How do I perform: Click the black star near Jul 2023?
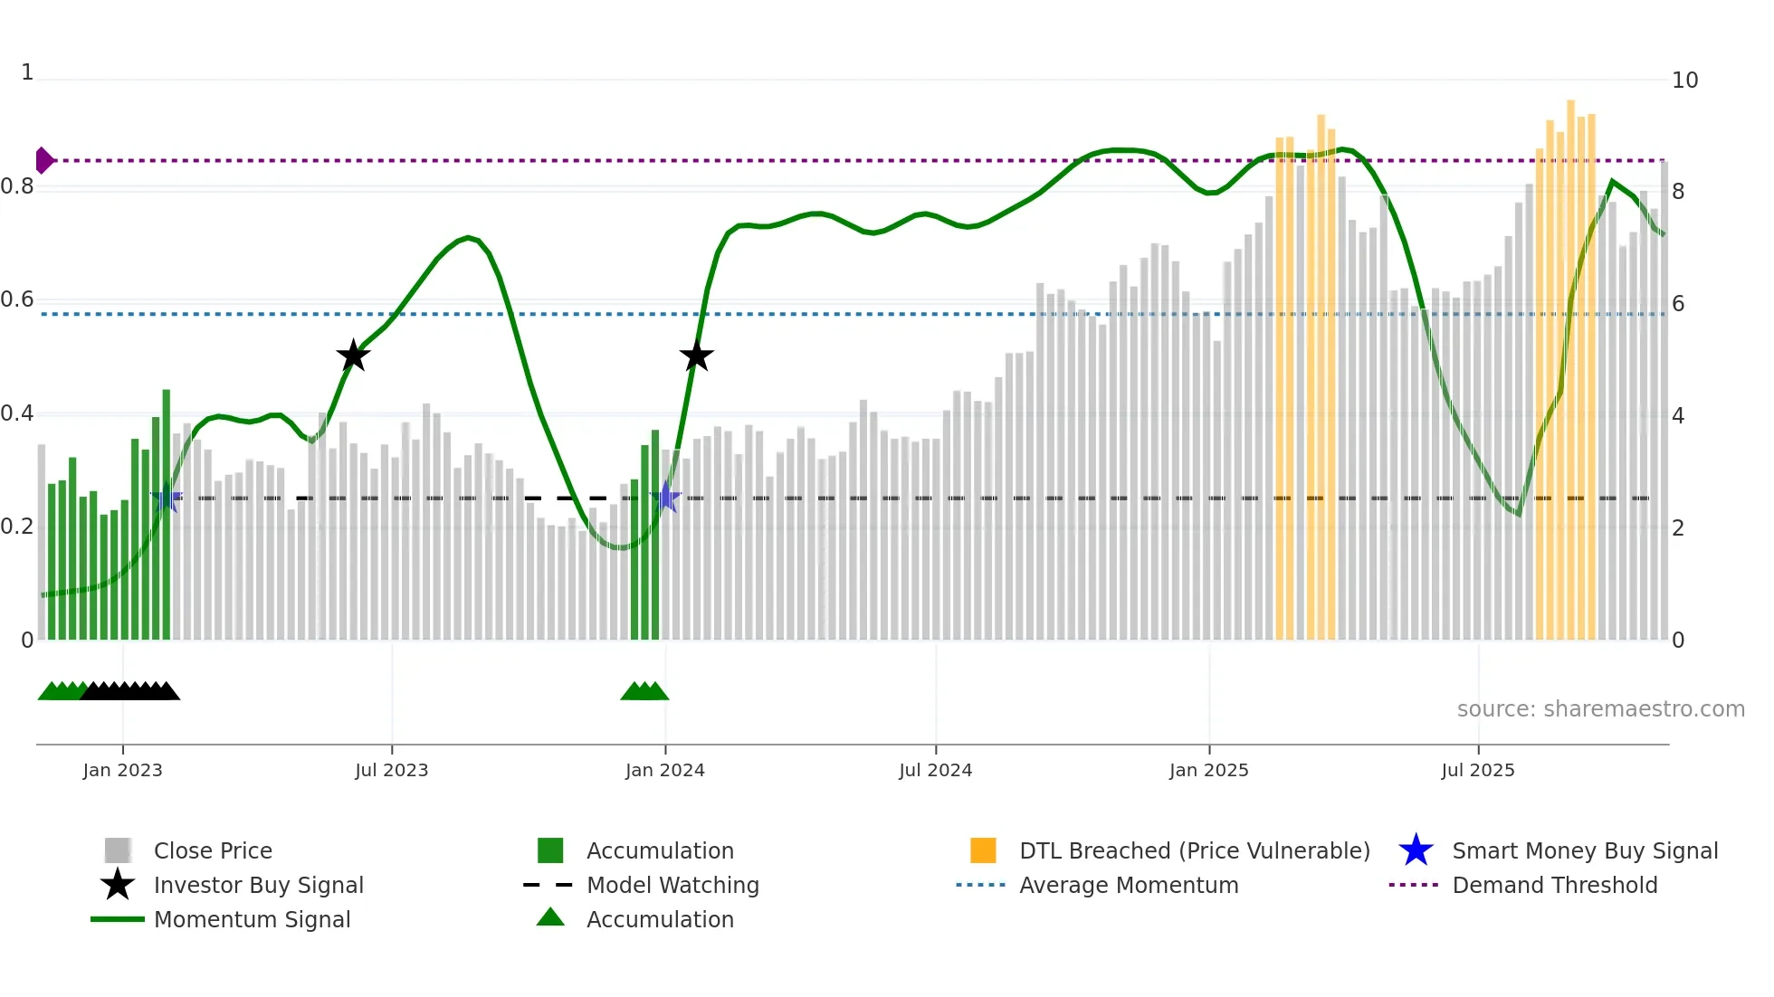pos(353,356)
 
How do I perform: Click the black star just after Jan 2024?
pos(696,356)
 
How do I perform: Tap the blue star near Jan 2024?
pos(666,498)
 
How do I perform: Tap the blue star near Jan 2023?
pos(167,498)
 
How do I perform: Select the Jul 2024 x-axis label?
pos(935,770)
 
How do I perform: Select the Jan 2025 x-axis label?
pos(1208,770)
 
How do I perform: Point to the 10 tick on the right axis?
pos(1684,81)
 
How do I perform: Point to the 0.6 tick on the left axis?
pos(17,299)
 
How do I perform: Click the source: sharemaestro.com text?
pos(1600,709)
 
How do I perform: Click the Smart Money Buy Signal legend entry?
pos(1584,850)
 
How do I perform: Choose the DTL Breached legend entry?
pos(1194,850)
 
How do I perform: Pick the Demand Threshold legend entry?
pos(1554,885)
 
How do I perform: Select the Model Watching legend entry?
pos(672,885)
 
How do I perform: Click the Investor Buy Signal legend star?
pos(118,885)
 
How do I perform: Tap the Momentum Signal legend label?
pos(252,919)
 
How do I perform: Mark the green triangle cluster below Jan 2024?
pos(644,692)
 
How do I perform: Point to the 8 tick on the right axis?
pos(1679,192)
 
